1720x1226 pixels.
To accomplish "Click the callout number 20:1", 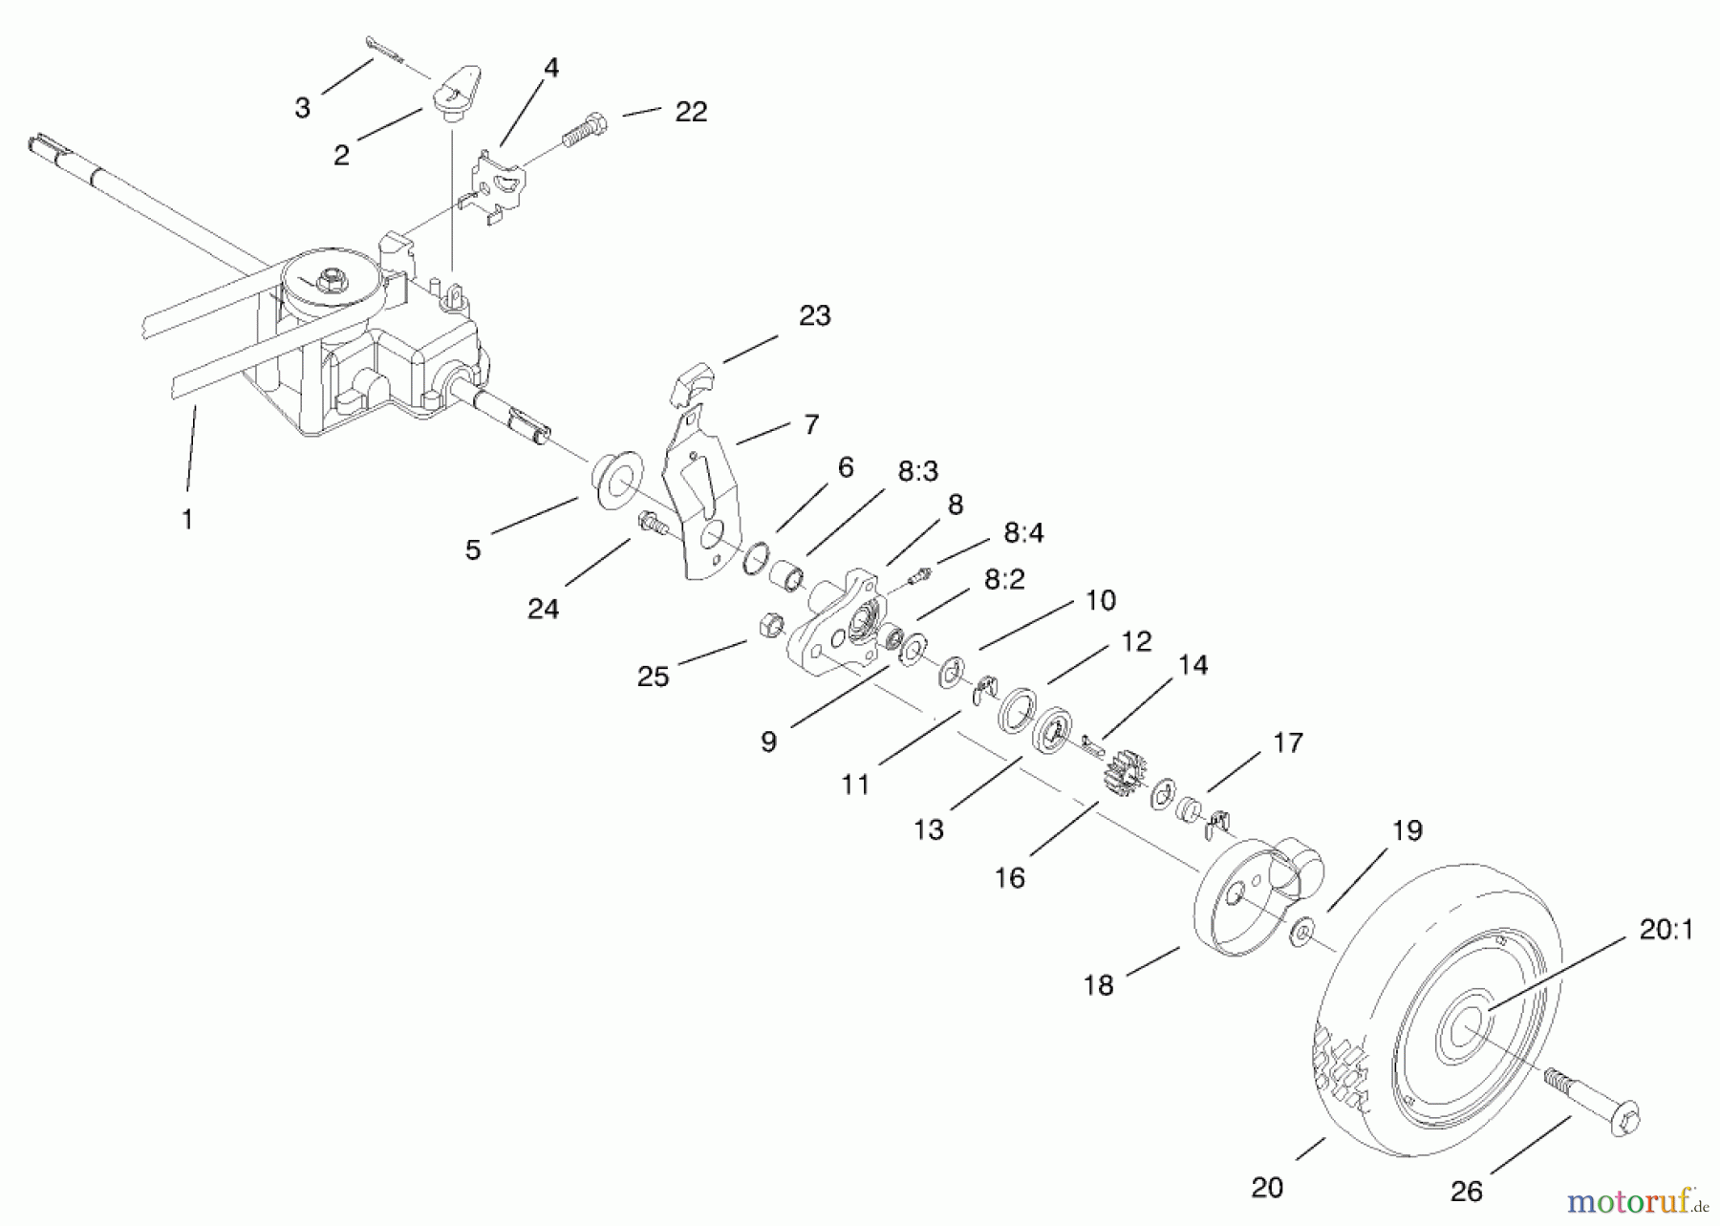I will click(1666, 929).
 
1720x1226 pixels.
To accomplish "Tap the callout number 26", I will click(1466, 1191).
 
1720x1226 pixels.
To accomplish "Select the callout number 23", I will click(814, 315).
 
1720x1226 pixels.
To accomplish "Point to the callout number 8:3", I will click(917, 470).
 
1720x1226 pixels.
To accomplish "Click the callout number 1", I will click(187, 519).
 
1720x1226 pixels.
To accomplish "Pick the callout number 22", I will click(691, 112).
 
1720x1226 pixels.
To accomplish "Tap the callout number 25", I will click(654, 677).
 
